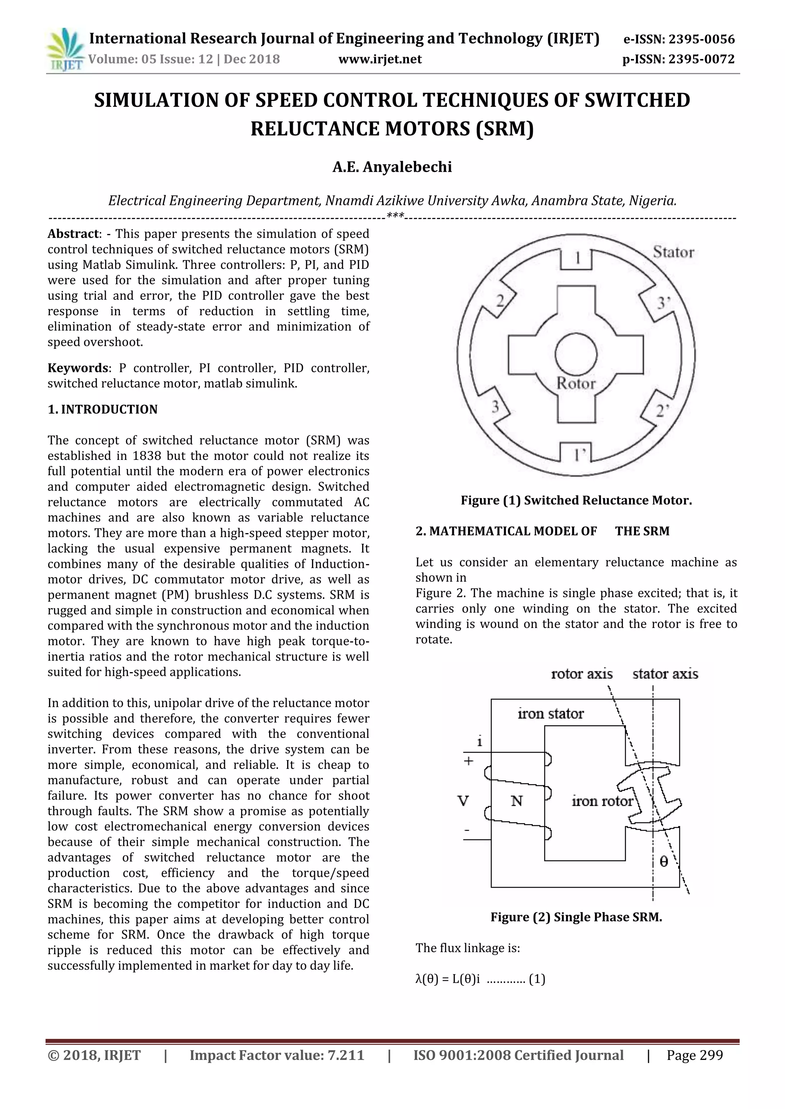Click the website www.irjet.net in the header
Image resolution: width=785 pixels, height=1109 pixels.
pos(380,59)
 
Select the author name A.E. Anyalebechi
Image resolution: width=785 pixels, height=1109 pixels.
pos(392,167)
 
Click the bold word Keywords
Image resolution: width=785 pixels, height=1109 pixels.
pos(77,368)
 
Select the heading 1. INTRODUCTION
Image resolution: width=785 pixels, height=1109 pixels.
pos(102,410)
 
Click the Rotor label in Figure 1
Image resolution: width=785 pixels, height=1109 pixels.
pos(576,383)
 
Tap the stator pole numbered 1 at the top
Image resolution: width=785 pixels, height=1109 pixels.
pos(576,258)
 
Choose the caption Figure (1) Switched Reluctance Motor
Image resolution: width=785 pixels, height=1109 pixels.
pos(576,501)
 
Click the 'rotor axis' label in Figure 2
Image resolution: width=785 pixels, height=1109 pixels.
pos(581,674)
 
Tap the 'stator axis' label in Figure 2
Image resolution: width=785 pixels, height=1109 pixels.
pos(665,674)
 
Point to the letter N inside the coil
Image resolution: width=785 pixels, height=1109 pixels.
pos(517,801)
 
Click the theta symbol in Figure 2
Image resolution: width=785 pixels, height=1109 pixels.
pos(663,861)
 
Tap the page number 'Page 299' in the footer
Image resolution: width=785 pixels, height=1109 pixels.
pos(695,1055)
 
